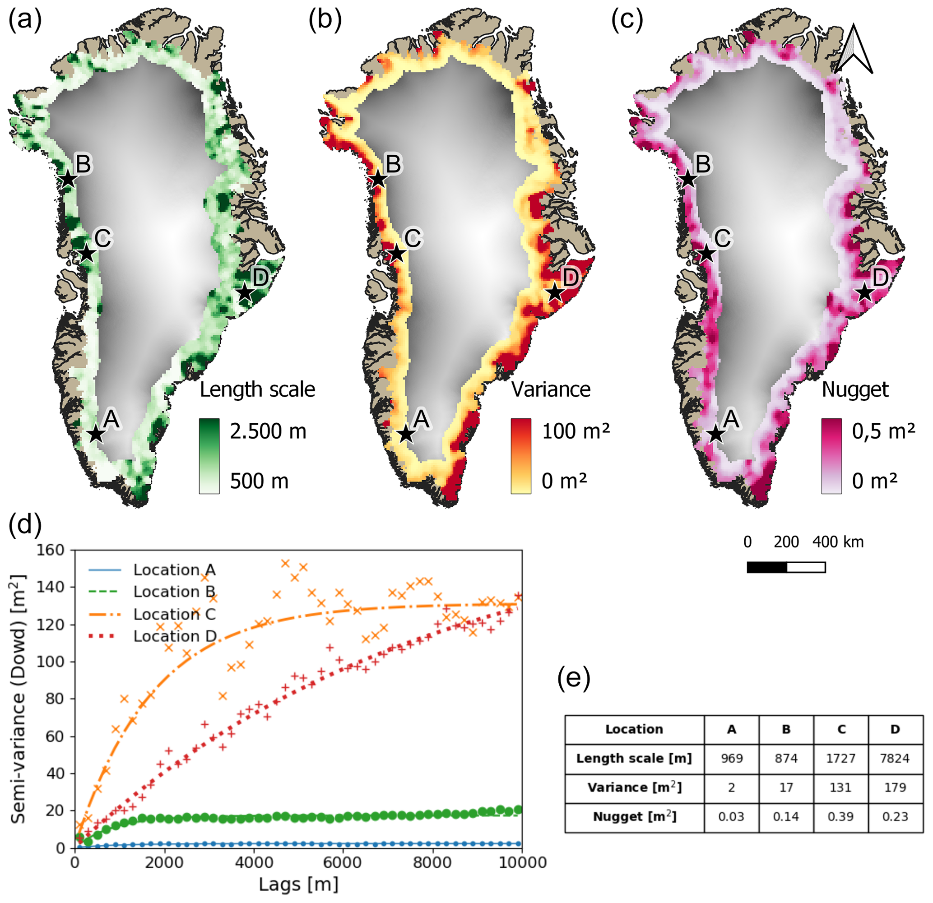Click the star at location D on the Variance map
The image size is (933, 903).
[x=555, y=292]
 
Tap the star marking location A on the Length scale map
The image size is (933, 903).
[x=96, y=434]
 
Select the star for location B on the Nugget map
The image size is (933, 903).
[x=688, y=180]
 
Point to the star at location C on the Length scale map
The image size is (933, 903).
[x=86, y=254]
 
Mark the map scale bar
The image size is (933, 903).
[x=786, y=567]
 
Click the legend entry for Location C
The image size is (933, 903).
[x=174, y=614]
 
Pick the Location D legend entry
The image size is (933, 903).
[x=174, y=636]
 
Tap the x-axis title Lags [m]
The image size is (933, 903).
[x=298, y=884]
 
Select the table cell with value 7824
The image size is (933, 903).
[x=895, y=758]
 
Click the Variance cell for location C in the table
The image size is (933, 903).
[x=840, y=787]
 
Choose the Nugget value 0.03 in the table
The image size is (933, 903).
[x=731, y=816]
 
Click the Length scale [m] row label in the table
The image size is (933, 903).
[x=634, y=758]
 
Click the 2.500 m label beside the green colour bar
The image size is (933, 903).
[x=268, y=431]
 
